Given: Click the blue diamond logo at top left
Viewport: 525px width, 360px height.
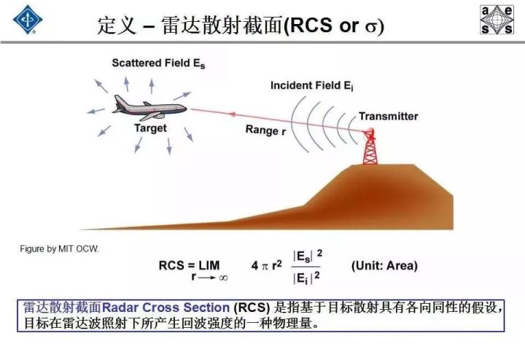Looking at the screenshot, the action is tap(28, 20).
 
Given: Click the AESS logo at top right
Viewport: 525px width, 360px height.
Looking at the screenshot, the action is tap(497, 20).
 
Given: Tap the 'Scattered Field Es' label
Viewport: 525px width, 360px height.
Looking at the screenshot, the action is tap(158, 63).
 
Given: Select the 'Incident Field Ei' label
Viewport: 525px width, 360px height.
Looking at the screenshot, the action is tap(312, 86).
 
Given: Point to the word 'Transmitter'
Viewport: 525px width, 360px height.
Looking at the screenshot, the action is tap(389, 117).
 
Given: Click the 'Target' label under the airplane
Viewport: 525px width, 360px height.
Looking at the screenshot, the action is tap(150, 128).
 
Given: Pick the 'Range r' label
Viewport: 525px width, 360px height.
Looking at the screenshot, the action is tap(265, 130).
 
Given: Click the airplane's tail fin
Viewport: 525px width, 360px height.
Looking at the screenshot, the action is tap(119, 101).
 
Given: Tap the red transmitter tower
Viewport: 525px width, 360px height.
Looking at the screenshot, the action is tap(370, 146).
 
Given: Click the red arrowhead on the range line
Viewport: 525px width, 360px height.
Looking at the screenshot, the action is tap(232, 114).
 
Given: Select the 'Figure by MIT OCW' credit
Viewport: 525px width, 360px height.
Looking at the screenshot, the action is tap(59, 249).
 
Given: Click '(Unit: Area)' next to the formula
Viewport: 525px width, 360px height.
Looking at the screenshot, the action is tap(384, 266).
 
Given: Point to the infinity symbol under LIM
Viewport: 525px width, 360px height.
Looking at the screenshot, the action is tap(223, 278).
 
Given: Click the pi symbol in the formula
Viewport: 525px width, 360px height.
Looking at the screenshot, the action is tap(265, 266).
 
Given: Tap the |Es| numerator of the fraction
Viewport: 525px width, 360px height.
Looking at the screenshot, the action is tap(303, 257).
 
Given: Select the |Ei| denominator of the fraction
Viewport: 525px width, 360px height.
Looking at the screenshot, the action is tap(302, 278).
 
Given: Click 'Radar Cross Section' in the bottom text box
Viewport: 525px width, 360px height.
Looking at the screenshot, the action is tap(166, 308).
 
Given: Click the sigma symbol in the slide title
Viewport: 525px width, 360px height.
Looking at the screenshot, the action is tap(371, 26).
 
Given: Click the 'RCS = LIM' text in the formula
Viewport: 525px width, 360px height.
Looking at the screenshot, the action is tap(189, 266).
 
